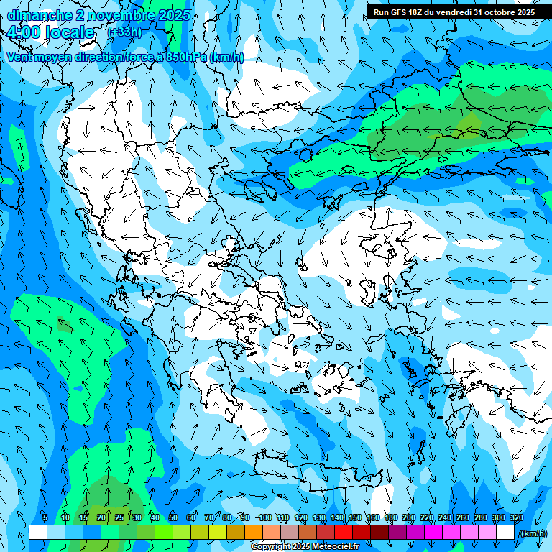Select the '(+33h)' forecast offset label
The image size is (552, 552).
point(124,32)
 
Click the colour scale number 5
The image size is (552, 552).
point(45,518)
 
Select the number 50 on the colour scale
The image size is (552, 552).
point(173,518)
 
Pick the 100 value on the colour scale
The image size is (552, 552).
point(265,518)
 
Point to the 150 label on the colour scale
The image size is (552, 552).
point(355,518)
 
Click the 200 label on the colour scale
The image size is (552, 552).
point(409,518)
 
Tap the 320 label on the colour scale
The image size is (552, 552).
point(516,518)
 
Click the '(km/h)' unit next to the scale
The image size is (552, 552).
point(533,533)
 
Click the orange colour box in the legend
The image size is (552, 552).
point(254,533)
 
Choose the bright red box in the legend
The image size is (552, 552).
point(344,533)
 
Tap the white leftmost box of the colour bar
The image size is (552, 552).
point(38,533)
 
